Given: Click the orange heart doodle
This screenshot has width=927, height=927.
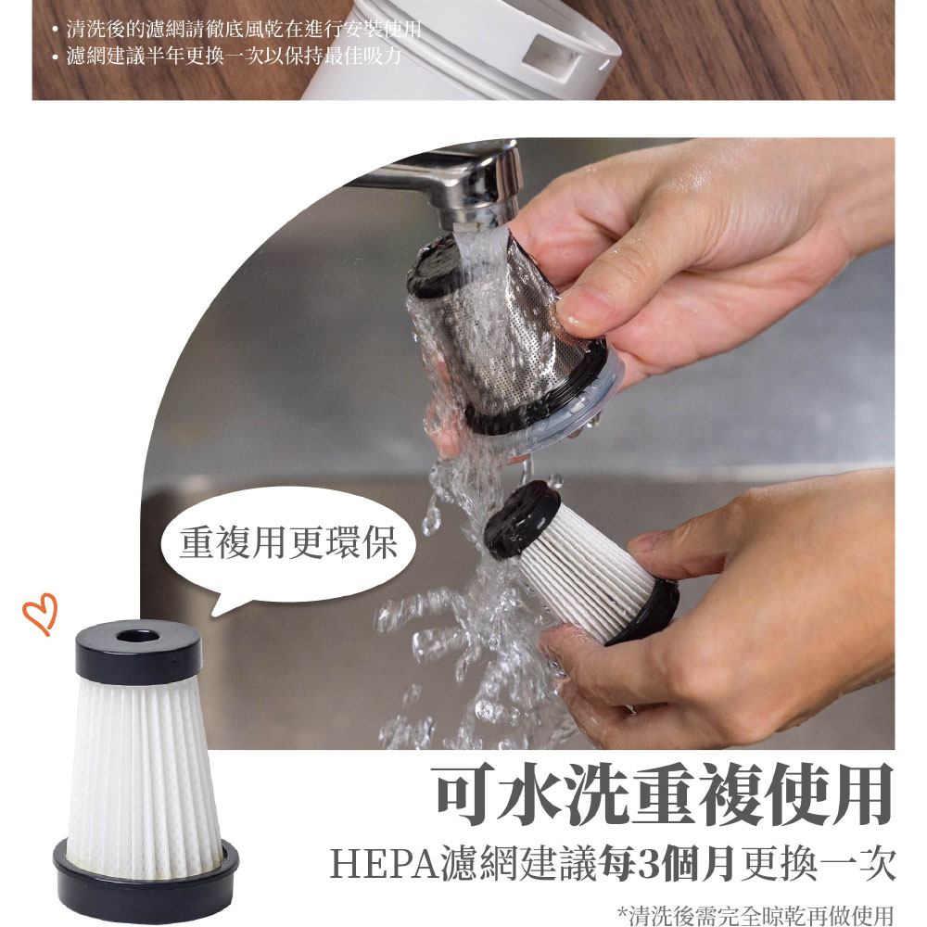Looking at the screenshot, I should (41, 614).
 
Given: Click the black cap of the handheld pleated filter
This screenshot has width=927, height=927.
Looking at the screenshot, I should (521, 520).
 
